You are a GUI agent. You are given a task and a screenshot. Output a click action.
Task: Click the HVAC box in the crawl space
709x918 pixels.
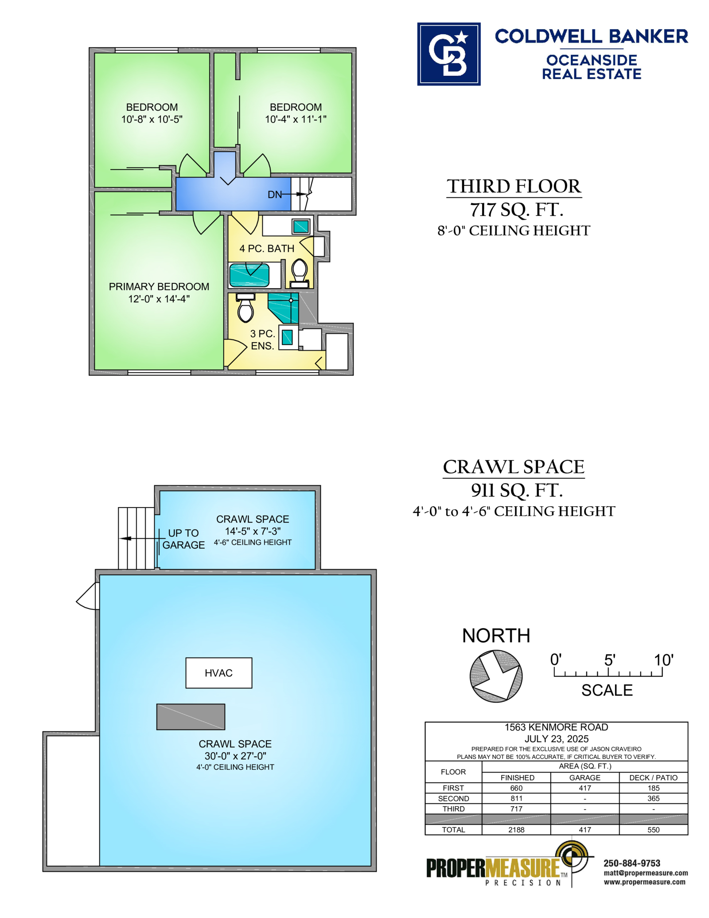[218, 672]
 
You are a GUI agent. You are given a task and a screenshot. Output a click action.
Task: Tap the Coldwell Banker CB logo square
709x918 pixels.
[448, 54]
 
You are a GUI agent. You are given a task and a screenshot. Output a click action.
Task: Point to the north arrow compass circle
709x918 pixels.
[496, 676]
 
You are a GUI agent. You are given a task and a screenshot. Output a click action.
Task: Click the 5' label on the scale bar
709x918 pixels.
[610, 660]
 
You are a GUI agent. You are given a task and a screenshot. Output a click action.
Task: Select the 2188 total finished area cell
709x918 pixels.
[516, 829]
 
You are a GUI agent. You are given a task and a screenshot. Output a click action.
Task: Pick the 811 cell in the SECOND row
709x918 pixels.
[516, 798]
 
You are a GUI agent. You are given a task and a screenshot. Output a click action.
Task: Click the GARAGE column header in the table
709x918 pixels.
[585, 777]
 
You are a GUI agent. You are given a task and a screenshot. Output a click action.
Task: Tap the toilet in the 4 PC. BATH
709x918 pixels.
[300, 273]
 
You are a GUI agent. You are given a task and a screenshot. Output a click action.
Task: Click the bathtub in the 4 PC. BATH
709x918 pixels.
[249, 275]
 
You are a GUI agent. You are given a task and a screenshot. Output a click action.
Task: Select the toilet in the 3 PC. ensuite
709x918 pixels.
[245, 308]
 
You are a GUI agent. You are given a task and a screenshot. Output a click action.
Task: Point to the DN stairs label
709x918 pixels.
[275, 194]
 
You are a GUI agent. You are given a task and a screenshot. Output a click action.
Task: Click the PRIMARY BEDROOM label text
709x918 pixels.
[159, 286]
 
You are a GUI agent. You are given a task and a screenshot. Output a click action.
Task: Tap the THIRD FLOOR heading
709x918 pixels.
[514, 186]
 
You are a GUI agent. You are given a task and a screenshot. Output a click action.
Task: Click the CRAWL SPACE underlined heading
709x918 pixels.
[514, 467]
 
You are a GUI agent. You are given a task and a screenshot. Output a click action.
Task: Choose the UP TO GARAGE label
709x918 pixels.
[183, 539]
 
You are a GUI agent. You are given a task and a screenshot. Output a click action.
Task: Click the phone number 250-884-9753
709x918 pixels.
[632, 863]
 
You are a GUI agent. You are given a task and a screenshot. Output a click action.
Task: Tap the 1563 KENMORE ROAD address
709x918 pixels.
[556, 727]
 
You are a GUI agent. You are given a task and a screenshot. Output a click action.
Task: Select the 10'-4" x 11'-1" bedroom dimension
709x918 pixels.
[296, 119]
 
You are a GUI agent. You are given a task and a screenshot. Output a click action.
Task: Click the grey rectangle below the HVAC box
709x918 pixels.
[191, 717]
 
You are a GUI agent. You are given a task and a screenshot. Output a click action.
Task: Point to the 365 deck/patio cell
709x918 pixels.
[653, 798]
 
